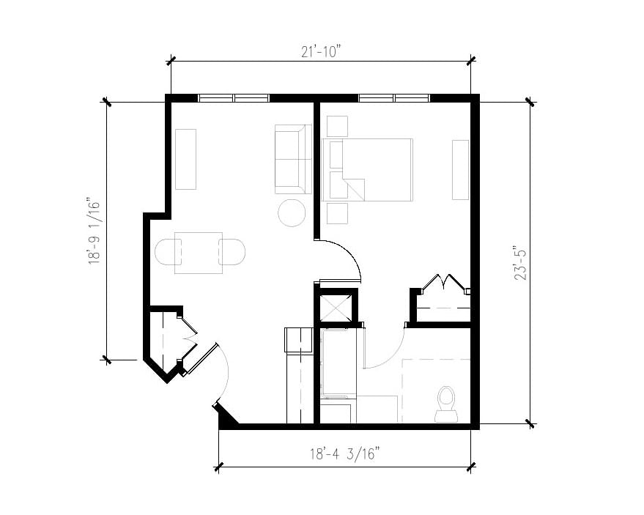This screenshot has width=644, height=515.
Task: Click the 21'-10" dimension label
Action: click(321, 51)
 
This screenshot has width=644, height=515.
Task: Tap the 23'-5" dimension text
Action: click(520, 263)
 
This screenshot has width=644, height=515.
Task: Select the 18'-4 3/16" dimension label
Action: click(344, 454)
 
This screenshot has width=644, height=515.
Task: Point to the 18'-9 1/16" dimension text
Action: click(95, 230)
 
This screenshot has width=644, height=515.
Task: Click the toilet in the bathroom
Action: click(445, 403)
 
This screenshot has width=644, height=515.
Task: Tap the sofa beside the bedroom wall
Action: click(292, 159)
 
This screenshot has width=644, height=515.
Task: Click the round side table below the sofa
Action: click(292, 213)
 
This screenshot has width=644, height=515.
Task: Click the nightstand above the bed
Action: click(337, 126)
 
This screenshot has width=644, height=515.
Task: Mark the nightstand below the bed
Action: click(337, 213)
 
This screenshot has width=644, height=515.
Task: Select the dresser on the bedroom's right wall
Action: click(460, 169)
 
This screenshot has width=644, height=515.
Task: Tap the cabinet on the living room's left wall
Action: click(185, 159)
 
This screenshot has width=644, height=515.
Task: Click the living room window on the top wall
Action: click(234, 97)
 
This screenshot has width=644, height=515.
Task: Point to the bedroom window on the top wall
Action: click(394, 97)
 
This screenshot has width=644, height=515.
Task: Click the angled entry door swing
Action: click(220, 374)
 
